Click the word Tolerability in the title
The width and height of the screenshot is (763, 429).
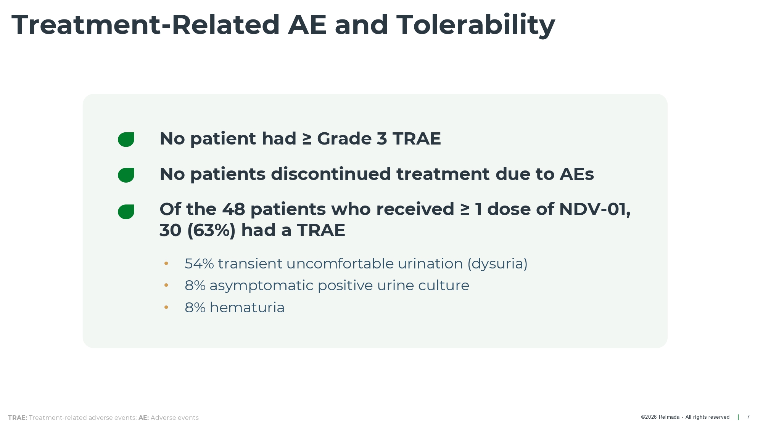coord(476,25)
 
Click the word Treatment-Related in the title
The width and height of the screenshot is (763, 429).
coord(146,25)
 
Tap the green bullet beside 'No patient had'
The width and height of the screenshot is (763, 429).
coord(126,140)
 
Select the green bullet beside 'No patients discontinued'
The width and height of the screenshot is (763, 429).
coord(126,175)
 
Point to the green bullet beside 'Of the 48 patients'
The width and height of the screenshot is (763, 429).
coord(126,212)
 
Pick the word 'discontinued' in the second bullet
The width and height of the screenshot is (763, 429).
coord(331,174)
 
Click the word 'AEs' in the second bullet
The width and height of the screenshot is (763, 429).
coord(576,174)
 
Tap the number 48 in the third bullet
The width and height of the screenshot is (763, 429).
coord(233,209)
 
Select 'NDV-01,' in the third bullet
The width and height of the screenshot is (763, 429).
coord(595,210)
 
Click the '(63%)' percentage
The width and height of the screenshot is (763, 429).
coord(211,230)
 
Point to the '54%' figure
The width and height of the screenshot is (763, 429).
coord(199,264)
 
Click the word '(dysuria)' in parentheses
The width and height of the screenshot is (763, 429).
coord(497,264)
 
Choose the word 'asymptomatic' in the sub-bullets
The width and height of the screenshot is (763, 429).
coord(261,286)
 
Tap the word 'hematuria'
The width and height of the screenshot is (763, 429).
coord(247,308)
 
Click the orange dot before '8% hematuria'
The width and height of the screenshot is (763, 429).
coord(166,307)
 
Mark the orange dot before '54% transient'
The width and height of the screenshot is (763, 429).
coord(166,264)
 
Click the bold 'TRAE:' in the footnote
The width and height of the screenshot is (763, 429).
coord(18,418)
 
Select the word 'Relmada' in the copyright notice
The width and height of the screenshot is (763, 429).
coord(669,417)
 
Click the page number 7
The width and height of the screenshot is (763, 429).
coord(748,417)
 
